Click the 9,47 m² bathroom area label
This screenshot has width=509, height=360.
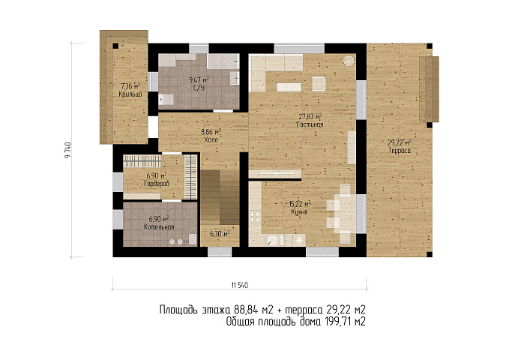[199, 79]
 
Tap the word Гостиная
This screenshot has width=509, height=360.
[310, 124]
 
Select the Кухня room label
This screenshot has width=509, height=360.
[299, 211]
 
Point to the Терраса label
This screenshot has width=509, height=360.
[400, 151]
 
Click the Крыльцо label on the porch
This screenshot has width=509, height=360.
[130, 94]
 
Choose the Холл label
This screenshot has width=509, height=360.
[211, 139]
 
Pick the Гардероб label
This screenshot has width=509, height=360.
[157, 184]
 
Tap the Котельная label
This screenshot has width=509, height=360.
[159, 226]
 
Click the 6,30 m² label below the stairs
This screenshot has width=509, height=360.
[220, 233]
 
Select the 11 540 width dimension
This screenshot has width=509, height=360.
[240, 285]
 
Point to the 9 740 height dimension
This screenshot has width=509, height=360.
[68, 150]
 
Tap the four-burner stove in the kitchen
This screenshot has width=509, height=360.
[255, 217]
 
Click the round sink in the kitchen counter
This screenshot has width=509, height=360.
[272, 240]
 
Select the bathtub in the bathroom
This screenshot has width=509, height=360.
[223, 61]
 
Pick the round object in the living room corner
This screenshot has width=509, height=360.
[349, 60]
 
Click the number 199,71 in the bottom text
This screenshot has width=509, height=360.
[335, 322]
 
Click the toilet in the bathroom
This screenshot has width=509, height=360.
[166, 99]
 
